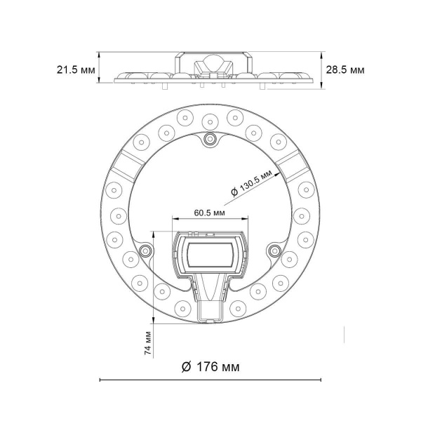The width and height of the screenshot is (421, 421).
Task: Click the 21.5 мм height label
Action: coord(75,69)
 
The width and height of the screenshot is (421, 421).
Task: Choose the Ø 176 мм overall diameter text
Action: coord(210,366)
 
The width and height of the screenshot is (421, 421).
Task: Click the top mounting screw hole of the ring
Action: coord(209,140)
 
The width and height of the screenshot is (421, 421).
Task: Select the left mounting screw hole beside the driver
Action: coord(145,250)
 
